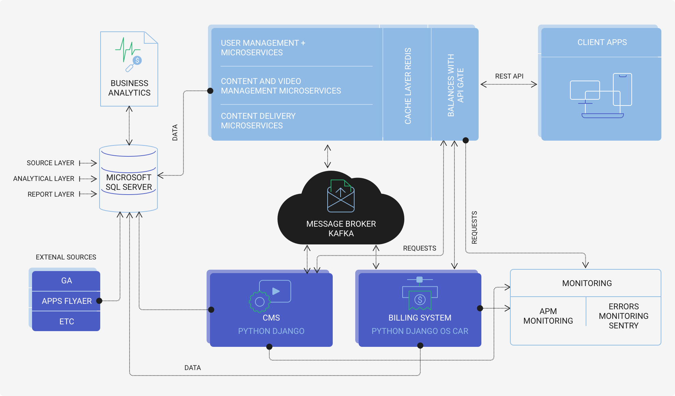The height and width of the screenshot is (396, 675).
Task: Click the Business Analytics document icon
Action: [x=129, y=55]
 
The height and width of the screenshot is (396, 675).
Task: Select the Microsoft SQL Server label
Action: [x=129, y=182]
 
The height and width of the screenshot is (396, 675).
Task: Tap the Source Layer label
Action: [x=50, y=163]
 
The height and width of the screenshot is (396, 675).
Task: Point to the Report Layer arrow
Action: [x=88, y=194]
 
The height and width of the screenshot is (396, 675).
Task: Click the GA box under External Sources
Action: [x=66, y=281]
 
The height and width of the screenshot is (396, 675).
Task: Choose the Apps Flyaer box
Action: [x=66, y=301]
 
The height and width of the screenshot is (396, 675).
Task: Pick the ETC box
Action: [x=66, y=322]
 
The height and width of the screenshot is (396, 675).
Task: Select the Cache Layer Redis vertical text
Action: [x=408, y=86]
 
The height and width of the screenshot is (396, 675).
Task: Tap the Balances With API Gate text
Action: [x=455, y=85]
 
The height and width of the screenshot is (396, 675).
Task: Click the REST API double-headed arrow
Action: [x=509, y=84]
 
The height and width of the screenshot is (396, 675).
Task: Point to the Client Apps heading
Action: [x=602, y=42]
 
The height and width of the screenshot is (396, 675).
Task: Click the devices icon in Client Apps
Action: [x=601, y=96]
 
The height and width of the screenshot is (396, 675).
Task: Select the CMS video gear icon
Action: [x=270, y=296]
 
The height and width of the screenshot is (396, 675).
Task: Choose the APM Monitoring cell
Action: [x=548, y=316]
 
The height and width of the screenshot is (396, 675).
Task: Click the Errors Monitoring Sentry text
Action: [x=624, y=316]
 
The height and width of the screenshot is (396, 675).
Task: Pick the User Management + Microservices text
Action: [x=263, y=48]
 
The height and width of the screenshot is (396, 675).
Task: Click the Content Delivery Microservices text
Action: [x=258, y=121]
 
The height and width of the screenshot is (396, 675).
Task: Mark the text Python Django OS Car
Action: [x=420, y=331]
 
